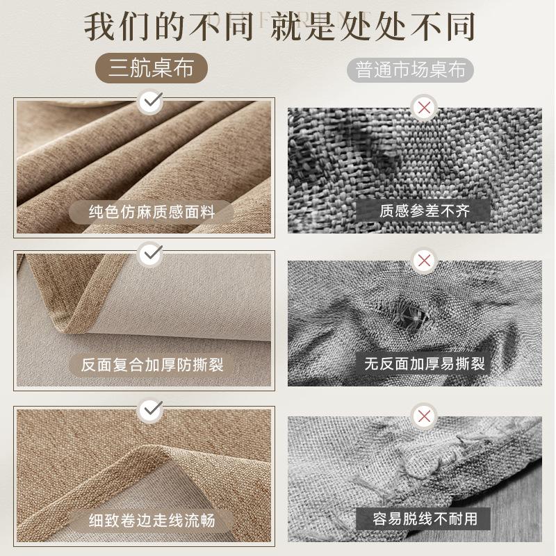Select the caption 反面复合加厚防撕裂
click(152, 364)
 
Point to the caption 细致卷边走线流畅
click(152, 519)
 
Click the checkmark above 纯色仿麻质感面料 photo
click(150, 103)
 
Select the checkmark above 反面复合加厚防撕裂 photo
click(150, 254)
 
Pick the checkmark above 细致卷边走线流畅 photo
click(150, 410)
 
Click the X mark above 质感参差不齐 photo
click(423, 107)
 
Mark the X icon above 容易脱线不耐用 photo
click(423, 416)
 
